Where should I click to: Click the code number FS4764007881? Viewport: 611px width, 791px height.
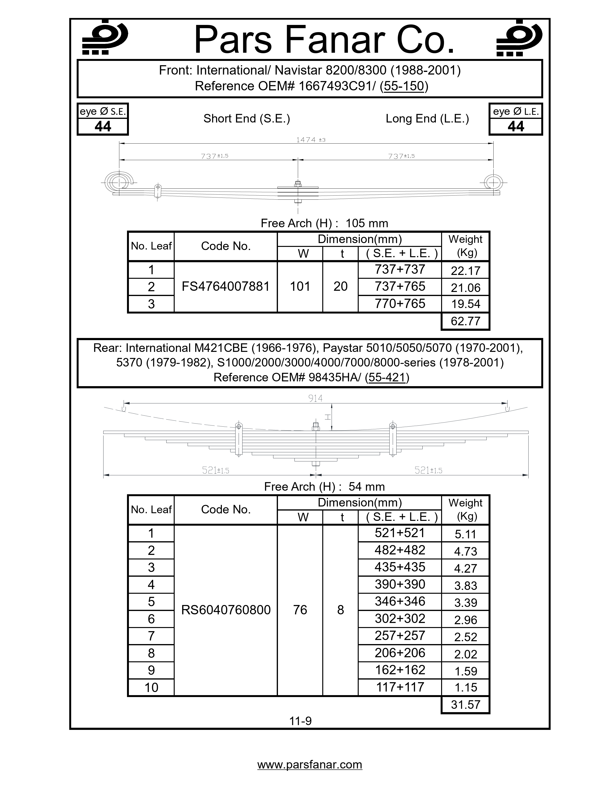pos(225,286)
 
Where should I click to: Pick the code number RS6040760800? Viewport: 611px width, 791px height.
pos(225,610)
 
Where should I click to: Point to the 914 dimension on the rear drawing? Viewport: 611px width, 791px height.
pos(315,398)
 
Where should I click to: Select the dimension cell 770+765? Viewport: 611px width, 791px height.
pos(400,303)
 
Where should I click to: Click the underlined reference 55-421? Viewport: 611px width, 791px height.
pos(386,377)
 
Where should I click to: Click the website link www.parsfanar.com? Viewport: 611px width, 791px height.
pos(310,765)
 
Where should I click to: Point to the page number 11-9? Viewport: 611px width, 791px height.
pos(300,721)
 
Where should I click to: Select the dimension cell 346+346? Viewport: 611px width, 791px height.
pos(400,601)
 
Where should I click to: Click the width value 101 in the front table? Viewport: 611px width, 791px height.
pos(300,286)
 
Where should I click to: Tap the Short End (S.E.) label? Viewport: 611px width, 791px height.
pos(247,118)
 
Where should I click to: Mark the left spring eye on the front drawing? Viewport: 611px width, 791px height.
pos(117,181)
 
